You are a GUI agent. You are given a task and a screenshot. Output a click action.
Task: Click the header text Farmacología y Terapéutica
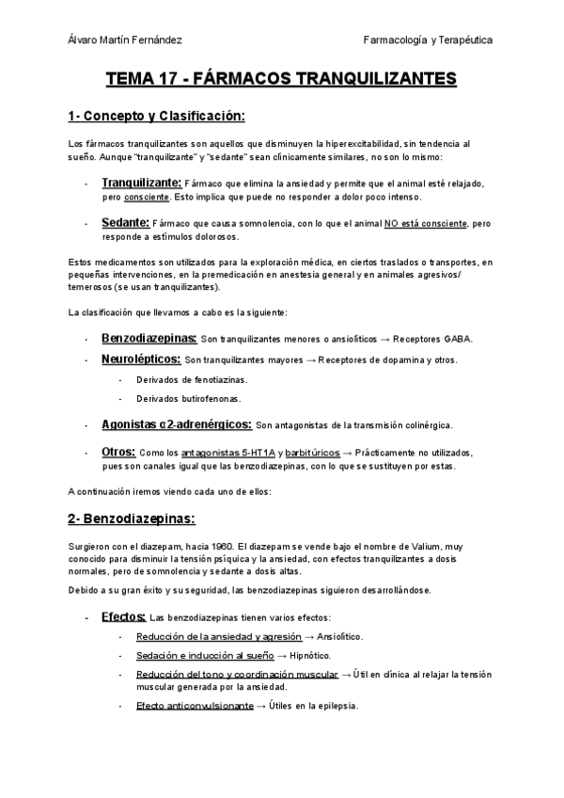[x=428, y=40]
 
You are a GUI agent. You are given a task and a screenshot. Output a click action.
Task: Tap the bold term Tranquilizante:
[x=141, y=182]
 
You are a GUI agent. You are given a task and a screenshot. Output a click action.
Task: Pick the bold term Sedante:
[x=125, y=223]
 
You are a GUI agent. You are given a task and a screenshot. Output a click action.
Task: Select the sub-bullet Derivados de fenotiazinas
[x=179, y=379]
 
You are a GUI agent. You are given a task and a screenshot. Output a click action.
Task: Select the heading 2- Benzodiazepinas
[x=132, y=519]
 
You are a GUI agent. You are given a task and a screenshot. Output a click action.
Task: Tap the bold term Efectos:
[x=123, y=616]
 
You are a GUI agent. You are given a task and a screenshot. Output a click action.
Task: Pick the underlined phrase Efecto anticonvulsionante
[x=195, y=706]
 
